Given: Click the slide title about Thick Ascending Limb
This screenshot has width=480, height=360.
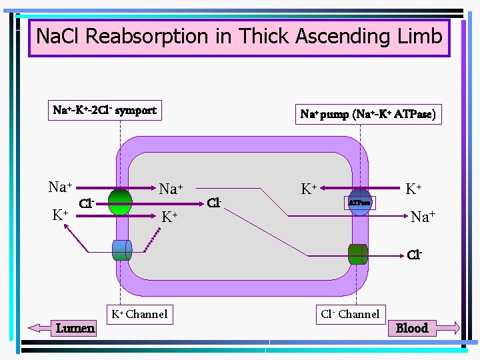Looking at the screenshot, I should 239,36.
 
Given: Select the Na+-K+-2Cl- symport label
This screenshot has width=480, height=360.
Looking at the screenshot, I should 105,110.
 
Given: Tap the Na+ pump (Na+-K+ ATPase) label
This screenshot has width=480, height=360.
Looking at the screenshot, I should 368,114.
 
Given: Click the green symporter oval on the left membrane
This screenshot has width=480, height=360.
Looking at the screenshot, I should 120,202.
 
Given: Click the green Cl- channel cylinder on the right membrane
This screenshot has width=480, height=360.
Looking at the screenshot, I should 357,253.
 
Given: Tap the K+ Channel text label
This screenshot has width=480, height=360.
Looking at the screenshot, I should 139,314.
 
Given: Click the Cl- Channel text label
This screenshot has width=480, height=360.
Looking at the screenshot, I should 350,314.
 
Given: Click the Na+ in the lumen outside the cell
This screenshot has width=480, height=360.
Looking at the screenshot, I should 60,187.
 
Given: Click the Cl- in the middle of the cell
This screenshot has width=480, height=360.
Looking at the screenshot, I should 214,202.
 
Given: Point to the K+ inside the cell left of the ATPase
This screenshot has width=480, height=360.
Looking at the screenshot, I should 308,189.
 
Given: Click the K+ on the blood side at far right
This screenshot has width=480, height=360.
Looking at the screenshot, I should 417,189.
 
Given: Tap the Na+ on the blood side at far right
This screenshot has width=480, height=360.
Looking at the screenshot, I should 423,217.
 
